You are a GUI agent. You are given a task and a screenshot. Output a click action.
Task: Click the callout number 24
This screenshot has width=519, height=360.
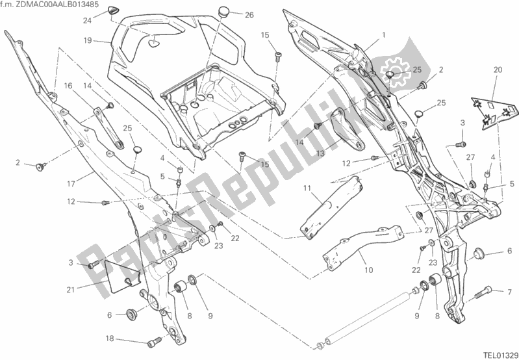[87, 21]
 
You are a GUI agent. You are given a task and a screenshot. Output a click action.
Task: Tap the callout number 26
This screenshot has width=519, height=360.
[249, 15]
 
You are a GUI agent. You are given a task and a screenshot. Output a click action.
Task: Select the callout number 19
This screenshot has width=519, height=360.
[88, 41]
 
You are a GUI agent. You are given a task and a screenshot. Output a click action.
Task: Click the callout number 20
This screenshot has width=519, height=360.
[498, 70]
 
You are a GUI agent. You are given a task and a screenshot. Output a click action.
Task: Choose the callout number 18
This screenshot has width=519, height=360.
[110, 339]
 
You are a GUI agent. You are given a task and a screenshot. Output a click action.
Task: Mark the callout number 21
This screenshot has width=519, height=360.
[70, 290]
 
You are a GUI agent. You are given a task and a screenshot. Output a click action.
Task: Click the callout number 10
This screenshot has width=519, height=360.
[368, 270]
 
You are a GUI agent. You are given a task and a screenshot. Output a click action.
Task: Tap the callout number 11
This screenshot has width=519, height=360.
[307, 189]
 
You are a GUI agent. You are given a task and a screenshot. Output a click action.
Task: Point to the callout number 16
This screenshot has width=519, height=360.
[68, 86]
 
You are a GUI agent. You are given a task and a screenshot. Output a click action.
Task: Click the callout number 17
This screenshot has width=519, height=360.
[71, 183]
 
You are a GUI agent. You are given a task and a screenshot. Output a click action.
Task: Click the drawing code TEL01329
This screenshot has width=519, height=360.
[500, 354]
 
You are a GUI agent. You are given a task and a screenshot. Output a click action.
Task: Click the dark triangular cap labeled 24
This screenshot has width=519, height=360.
[112, 10]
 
